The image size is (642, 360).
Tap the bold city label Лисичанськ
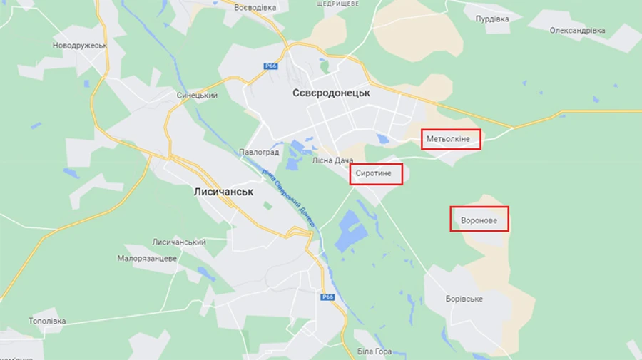pos(224,192)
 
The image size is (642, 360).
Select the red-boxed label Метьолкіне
pos(450,138)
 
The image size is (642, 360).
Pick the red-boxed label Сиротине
pos(376,174)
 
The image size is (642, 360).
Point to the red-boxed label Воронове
pos(479,220)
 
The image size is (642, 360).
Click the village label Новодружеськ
pos(80,46)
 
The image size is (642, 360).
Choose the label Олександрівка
pos(577,31)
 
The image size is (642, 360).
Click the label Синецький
pos(197,96)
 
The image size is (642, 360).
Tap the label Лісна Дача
pos(332,160)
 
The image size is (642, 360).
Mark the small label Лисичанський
pos(179,242)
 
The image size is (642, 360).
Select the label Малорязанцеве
pos(147,258)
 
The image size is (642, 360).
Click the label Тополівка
pos(47,321)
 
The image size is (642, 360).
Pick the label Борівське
pos(464,298)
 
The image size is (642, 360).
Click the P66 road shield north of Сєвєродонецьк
pos(270,66)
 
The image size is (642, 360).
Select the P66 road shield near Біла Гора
pos(327,297)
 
